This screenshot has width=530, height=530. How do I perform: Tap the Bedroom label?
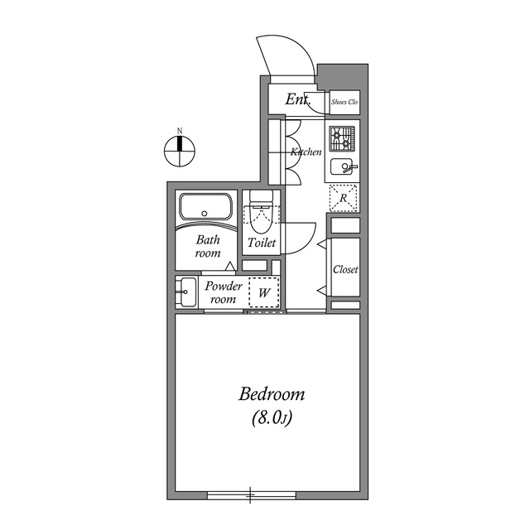click(x=272, y=394)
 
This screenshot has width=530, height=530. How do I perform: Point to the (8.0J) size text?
click(x=271, y=419)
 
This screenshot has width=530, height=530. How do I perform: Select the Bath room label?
click(x=208, y=247)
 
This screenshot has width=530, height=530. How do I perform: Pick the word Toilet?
click(x=262, y=244)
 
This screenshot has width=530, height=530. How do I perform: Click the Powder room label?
click(x=223, y=292)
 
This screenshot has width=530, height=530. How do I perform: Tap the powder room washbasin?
click(x=185, y=292)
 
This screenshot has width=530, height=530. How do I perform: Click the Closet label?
click(x=344, y=270)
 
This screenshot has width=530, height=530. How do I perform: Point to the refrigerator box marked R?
click(x=344, y=198)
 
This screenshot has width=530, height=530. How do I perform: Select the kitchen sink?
click(x=342, y=167)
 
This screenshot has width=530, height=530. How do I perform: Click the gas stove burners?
click(x=343, y=136)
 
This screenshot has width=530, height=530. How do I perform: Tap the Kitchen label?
click(x=306, y=152)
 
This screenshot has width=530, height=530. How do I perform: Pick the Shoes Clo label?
click(x=344, y=102)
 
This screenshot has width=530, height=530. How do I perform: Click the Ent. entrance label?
click(x=297, y=100)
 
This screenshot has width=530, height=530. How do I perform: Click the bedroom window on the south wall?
click(x=251, y=496)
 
